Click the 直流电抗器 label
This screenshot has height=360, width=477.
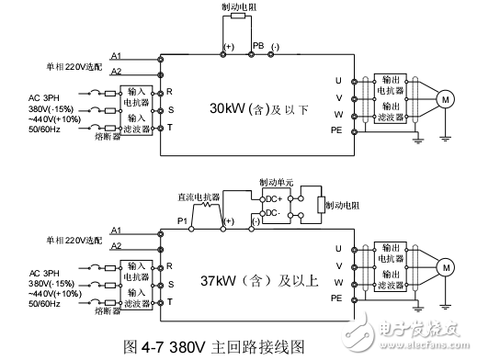[x=197, y=196]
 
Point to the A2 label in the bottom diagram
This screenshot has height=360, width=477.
[x=116, y=245]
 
